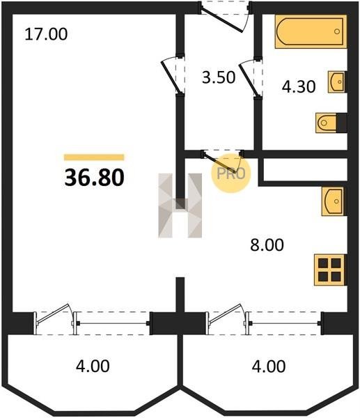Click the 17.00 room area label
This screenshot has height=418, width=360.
(46, 35)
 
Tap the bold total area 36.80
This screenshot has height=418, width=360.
(94, 178)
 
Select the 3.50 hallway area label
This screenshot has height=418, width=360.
(219, 77)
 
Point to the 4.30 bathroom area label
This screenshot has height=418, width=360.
(299, 87)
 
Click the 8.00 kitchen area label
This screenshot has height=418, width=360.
(267, 245)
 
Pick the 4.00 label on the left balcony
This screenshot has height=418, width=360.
(93, 366)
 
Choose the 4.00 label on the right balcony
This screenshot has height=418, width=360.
(269, 366)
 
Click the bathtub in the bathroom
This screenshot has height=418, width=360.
(311, 32)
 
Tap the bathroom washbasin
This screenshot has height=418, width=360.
(337, 82)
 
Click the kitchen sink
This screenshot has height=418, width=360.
(334, 201)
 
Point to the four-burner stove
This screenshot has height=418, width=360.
(330, 270)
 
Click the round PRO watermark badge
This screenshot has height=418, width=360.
(231, 173)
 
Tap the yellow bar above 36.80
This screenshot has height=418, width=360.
(94, 157)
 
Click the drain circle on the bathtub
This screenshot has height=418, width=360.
(337, 31)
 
